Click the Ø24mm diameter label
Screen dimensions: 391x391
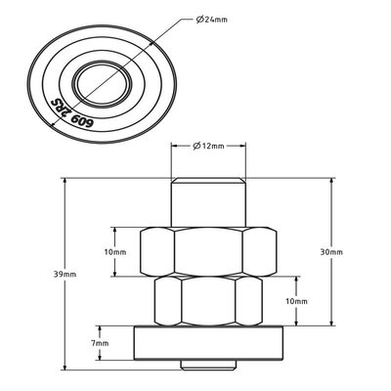212,20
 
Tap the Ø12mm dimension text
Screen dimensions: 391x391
208,146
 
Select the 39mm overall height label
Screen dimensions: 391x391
65,275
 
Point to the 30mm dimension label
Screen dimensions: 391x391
331,252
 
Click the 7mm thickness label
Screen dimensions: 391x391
100,343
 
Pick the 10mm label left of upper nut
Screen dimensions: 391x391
115,252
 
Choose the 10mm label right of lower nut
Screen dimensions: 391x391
296,301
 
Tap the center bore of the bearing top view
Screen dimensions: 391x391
102,83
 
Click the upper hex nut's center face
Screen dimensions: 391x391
208,252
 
